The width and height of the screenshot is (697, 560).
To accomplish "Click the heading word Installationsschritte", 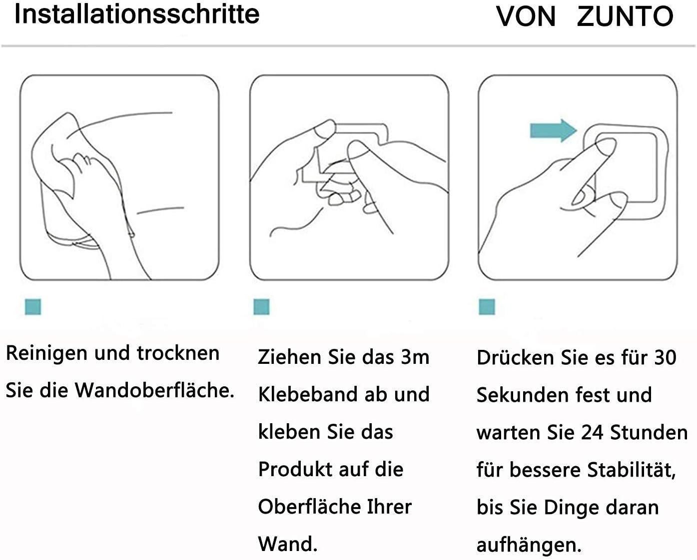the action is (x=137, y=14).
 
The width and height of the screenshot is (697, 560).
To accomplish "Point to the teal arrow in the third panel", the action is (x=553, y=130).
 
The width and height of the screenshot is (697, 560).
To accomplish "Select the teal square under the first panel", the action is (x=33, y=306).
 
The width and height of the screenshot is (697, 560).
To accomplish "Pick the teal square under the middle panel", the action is (x=261, y=306).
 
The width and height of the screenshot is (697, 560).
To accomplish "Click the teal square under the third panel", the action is (x=487, y=306).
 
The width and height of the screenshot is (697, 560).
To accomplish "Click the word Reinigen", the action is (x=46, y=353).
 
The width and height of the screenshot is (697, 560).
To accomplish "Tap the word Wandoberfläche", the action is (x=155, y=390).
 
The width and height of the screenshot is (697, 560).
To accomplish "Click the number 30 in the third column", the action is (x=665, y=357).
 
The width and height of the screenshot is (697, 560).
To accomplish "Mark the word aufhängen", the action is (x=529, y=544).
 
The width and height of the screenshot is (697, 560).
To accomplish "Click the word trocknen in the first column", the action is (x=178, y=353).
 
